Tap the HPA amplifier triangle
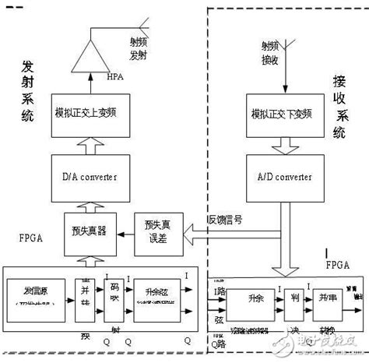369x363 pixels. [x=93, y=55]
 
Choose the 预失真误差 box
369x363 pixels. [x=158, y=231]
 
